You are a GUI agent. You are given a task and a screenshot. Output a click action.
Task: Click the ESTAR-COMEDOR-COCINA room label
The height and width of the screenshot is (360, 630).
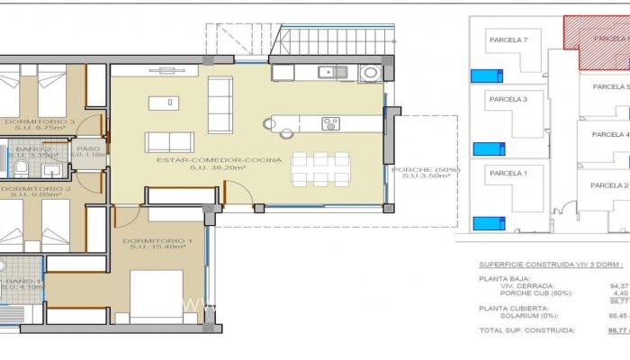(219, 159)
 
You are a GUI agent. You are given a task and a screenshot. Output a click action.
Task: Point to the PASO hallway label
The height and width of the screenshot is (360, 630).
(88, 149)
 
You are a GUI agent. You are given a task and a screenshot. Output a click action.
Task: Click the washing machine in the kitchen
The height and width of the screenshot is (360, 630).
(370, 73)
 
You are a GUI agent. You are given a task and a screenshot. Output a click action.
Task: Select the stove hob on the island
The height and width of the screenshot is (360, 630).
(330, 123)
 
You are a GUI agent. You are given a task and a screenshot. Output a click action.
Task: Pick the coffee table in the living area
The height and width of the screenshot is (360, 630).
(164, 103)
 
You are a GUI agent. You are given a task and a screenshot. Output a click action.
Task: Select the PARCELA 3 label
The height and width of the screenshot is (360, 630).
(508, 99)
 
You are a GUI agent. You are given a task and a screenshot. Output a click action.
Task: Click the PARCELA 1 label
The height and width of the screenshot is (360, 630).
(507, 173)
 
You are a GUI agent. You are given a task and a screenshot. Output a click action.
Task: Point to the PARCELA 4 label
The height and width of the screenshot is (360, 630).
(610, 135)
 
